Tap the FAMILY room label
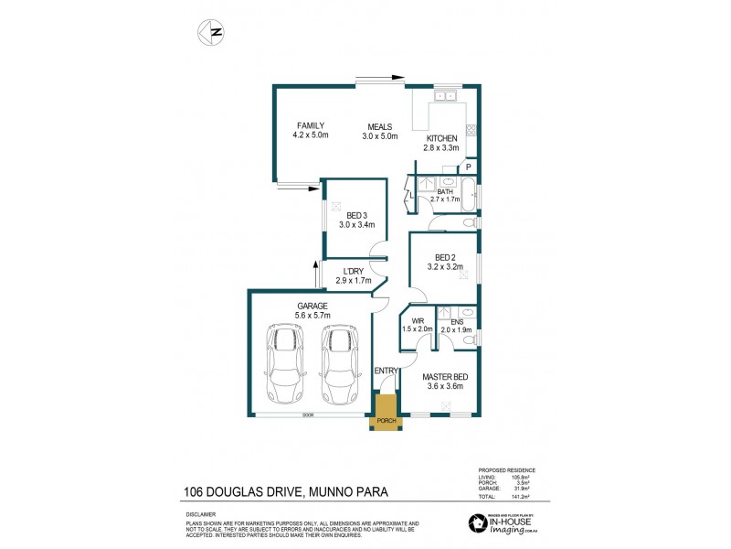[311, 125]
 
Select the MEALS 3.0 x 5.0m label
[380, 131]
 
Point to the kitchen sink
[444, 95]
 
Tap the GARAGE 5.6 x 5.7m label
[313, 310]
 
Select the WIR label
[417, 321]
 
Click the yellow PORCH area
[384, 411]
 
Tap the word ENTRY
[385, 370]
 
